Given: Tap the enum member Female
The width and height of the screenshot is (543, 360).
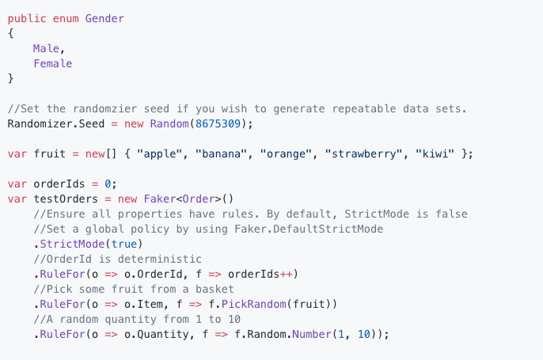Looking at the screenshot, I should [52, 63].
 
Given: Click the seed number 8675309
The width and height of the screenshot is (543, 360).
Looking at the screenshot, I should [221, 123].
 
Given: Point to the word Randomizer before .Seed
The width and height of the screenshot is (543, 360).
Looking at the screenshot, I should [40, 123].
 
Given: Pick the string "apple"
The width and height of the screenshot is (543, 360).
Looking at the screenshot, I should [163, 153].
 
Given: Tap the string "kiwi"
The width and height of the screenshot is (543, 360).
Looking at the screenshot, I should [435, 153].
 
